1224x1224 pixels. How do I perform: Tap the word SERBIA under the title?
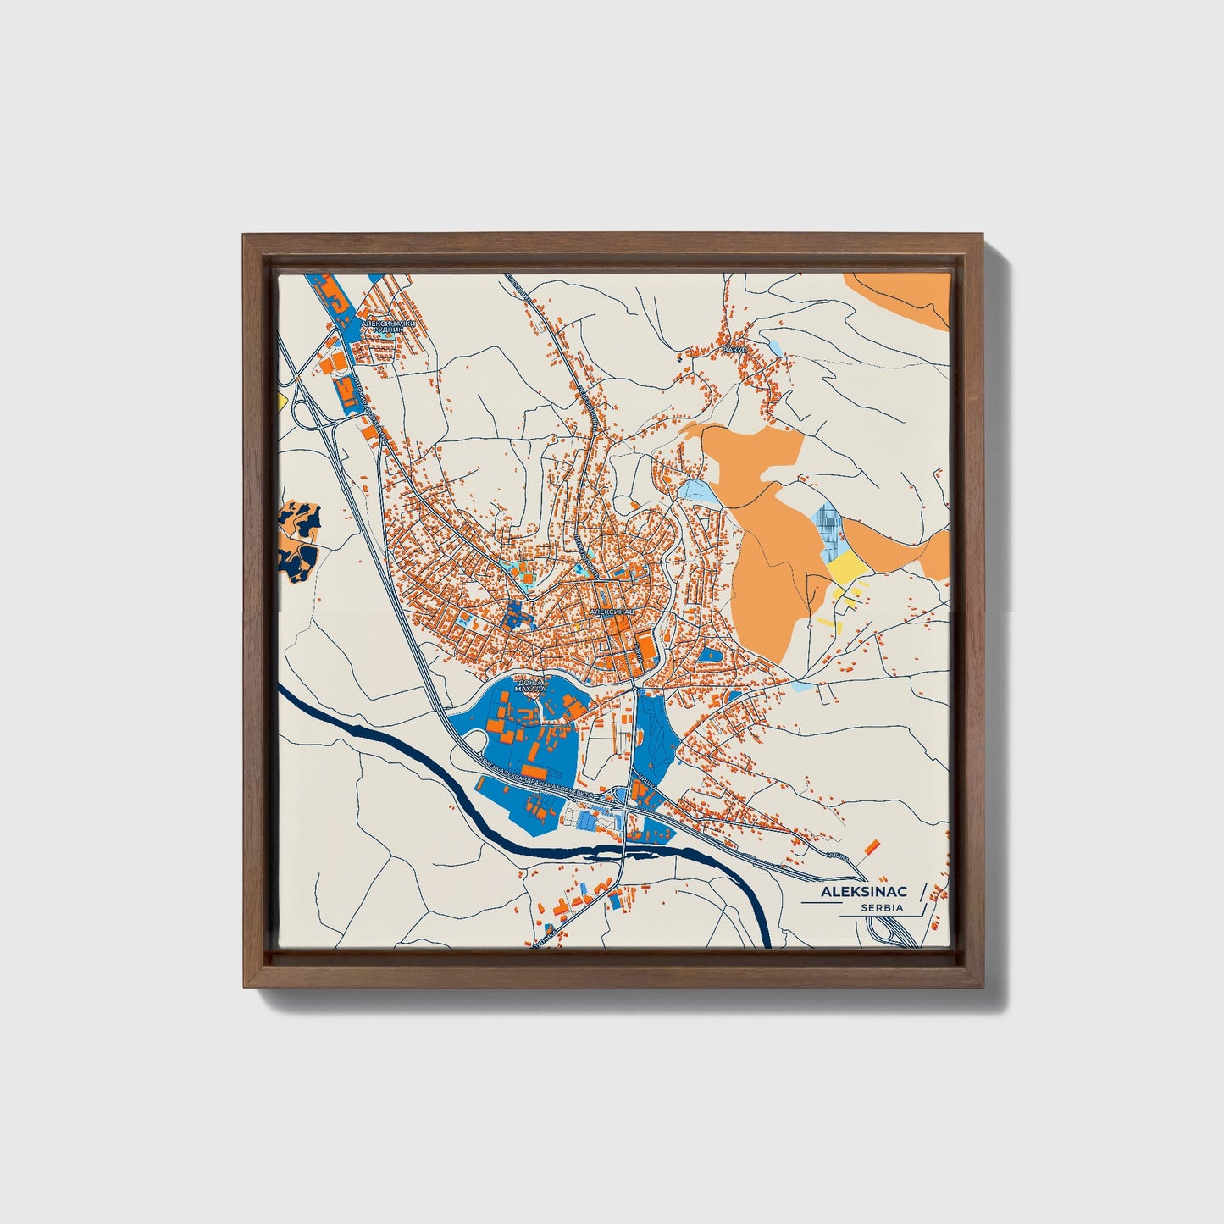pyautogui.click(x=881, y=908)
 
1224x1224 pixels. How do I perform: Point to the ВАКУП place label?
pyautogui.click(x=734, y=349)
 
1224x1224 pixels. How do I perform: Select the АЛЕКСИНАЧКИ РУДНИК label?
pyautogui.click(x=389, y=327)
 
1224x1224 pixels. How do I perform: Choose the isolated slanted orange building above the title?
pyautogui.click(x=871, y=846)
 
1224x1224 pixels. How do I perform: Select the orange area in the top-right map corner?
pyautogui.click(x=906, y=296)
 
